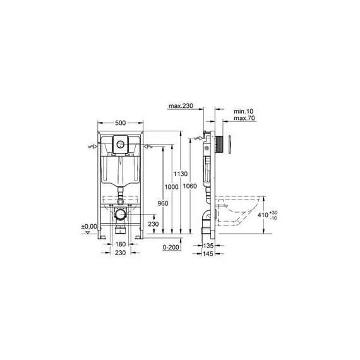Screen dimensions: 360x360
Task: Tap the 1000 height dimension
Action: click(x=171, y=187)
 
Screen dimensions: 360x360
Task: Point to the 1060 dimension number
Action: click(x=189, y=187)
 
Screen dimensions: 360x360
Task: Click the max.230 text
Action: click(x=180, y=107)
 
